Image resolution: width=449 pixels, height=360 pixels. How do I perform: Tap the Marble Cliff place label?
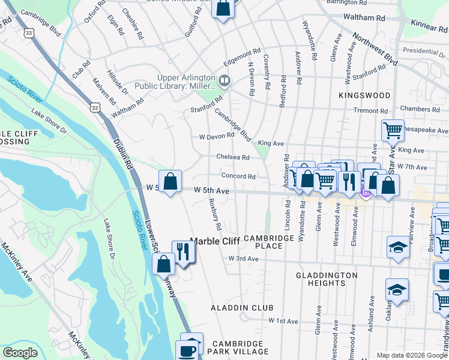click(215, 241)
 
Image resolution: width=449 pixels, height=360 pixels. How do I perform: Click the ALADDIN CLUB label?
click(234, 307)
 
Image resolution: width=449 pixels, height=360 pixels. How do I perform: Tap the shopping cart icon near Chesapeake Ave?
click(393, 129)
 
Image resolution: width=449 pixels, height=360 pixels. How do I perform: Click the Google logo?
click(20, 353)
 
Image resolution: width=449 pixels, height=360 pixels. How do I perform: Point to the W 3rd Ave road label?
click(243, 259)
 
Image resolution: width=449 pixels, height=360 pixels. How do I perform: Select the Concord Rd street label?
click(238, 176)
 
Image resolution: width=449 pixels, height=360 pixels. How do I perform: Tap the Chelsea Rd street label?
click(233, 157)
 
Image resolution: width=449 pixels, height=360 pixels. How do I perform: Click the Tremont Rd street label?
click(370, 110)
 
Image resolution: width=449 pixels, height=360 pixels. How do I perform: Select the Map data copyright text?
click(412, 355)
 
